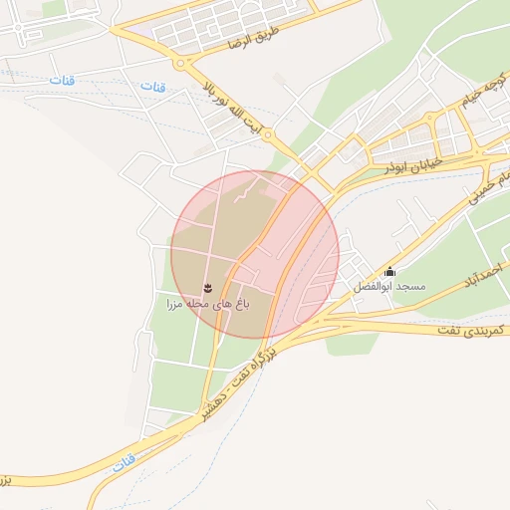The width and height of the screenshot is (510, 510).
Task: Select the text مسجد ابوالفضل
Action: (388, 286)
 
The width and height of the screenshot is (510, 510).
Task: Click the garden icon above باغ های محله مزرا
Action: (207, 288)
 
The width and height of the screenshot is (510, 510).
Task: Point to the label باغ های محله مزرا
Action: (206, 302)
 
